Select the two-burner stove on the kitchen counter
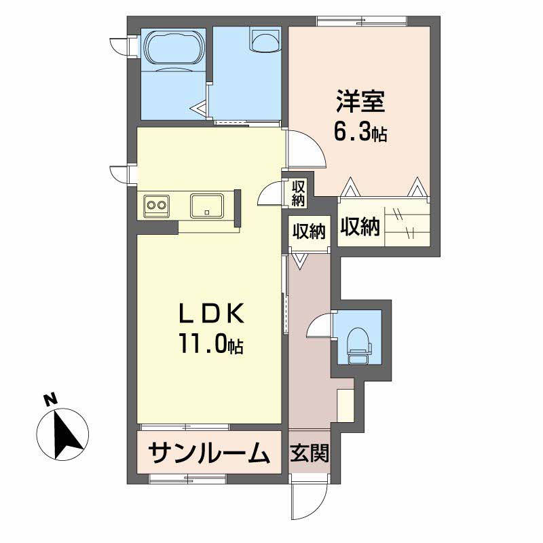click(157, 204)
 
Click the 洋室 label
click(360, 102)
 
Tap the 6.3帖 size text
click(360, 132)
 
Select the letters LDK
click(210, 314)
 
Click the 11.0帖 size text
click(210, 346)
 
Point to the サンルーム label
click(208, 451)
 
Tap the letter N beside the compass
click(49, 400)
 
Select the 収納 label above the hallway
click(309, 231)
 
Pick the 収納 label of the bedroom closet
click(359, 228)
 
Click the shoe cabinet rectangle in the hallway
click(345, 405)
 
